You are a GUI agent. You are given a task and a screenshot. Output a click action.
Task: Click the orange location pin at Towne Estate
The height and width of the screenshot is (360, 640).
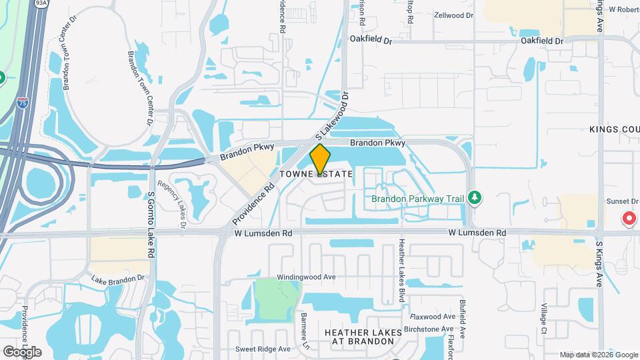tap(320, 159)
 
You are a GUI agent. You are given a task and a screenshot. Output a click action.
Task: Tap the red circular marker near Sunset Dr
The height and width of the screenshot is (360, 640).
tap(627, 218)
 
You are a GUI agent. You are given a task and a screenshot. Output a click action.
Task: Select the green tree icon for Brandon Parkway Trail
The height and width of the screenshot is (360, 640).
tap(475, 197)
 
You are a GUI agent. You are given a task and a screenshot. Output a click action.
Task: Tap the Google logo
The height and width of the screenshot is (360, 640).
tap(21, 351)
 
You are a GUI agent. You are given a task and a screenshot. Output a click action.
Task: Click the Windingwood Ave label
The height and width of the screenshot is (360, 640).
tap(308, 277)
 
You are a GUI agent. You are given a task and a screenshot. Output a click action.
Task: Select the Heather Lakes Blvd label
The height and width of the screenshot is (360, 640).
tap(402, 270)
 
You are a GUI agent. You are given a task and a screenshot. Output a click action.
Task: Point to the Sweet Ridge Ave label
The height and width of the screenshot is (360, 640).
tap(263, 349)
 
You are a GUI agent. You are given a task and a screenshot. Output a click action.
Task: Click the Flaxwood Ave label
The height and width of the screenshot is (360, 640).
tap(431, 316)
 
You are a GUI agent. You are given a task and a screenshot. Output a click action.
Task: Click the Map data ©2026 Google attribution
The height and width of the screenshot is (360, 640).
tap(599, 355)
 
